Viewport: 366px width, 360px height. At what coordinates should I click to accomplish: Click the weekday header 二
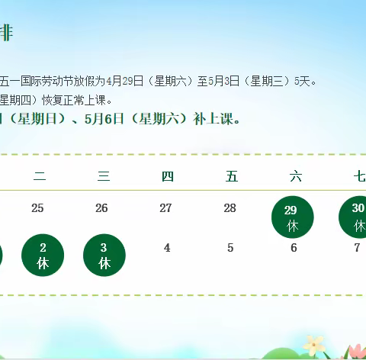[x=40, y=177]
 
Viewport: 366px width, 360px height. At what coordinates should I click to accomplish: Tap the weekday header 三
[x=104, y=177]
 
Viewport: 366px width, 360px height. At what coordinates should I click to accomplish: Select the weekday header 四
[x=168, y=177]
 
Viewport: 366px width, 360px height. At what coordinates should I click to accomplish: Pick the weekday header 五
[x=232, y=177]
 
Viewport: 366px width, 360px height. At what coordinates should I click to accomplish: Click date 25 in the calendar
[x=37, y=207]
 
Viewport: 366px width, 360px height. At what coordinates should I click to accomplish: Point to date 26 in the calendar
[x=101, y=207]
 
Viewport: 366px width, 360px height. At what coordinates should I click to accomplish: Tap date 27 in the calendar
[x=165, y=207]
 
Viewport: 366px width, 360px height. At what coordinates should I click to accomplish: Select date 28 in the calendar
[x=230, y=207]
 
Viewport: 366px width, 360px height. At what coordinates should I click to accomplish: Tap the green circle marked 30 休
[x=355, y=217]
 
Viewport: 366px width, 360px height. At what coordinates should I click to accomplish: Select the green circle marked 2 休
[x=43, y=255]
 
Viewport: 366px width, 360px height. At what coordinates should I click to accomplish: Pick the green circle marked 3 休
[x=105, y=255]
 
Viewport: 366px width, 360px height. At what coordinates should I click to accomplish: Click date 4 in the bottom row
[x=167, y=248]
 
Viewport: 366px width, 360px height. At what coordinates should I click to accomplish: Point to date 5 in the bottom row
[x=230, y=248]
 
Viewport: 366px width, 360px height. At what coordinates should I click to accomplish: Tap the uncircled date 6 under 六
[x=294, y=248]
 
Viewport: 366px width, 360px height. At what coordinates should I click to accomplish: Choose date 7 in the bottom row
[x=357, y=248]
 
